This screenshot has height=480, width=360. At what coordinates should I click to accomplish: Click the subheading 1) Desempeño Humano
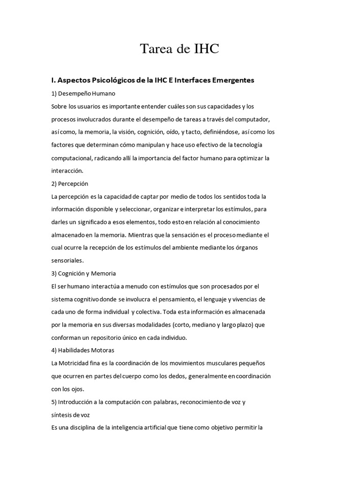point(83,94)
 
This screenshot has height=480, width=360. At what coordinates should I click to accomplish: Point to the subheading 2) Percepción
point(70,183)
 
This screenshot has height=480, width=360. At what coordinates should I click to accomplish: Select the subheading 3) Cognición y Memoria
point(83,273)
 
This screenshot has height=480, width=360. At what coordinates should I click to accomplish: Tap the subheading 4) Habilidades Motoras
point(83,350)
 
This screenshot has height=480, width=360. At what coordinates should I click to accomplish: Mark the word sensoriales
point(67,260)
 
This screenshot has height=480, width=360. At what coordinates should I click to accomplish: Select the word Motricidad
point(75,363)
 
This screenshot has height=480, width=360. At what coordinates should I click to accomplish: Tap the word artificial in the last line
point(157,427)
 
